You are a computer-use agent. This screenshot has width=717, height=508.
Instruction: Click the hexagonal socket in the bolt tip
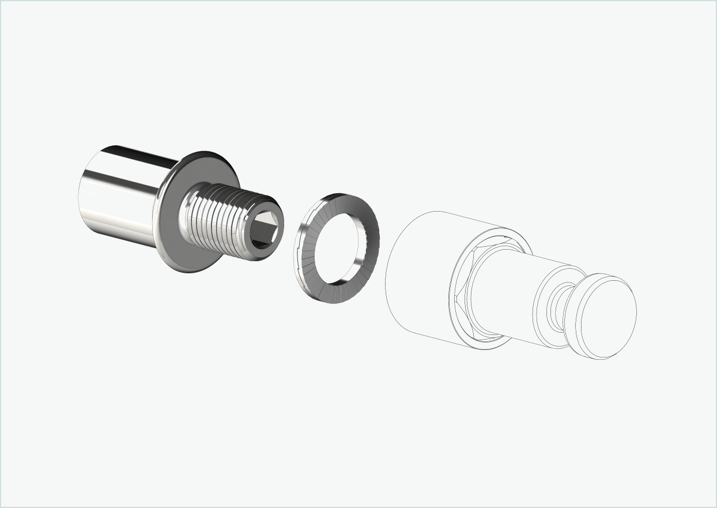click(x=266, y=229)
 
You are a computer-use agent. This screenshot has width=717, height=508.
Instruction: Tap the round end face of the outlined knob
click(x=608, y=317)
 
